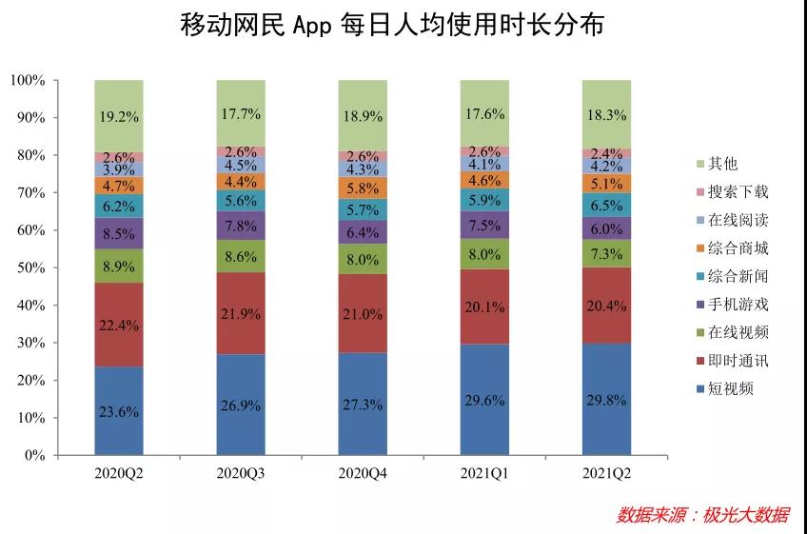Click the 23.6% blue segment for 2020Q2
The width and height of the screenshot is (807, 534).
[x=119, y=410]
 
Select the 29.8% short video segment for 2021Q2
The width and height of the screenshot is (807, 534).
[x=606, y=399]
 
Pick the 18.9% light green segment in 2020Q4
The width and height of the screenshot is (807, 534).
[x=363, y=115]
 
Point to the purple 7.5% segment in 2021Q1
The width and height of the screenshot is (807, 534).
[x=484, y=225]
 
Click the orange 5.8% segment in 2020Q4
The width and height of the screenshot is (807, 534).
[x=363, y=188]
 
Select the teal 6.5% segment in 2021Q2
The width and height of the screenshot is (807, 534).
[x=606, y=205]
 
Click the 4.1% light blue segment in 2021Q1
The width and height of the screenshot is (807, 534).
[x=484, y=163]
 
